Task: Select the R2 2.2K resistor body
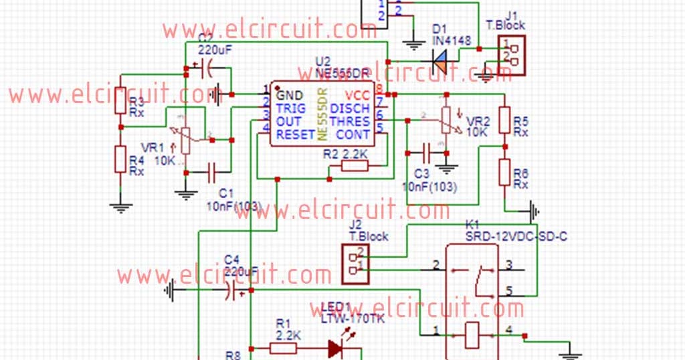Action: tap(354, 165)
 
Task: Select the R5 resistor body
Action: tap(505, 123)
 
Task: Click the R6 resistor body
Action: tap(505, 172)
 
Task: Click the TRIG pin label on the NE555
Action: tap(291, 108)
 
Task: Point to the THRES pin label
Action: tap(351, 121)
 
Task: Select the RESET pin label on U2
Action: tap(295, 134)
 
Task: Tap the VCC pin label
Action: tap(359, 95)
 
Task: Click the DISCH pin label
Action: tap(351, 108)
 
